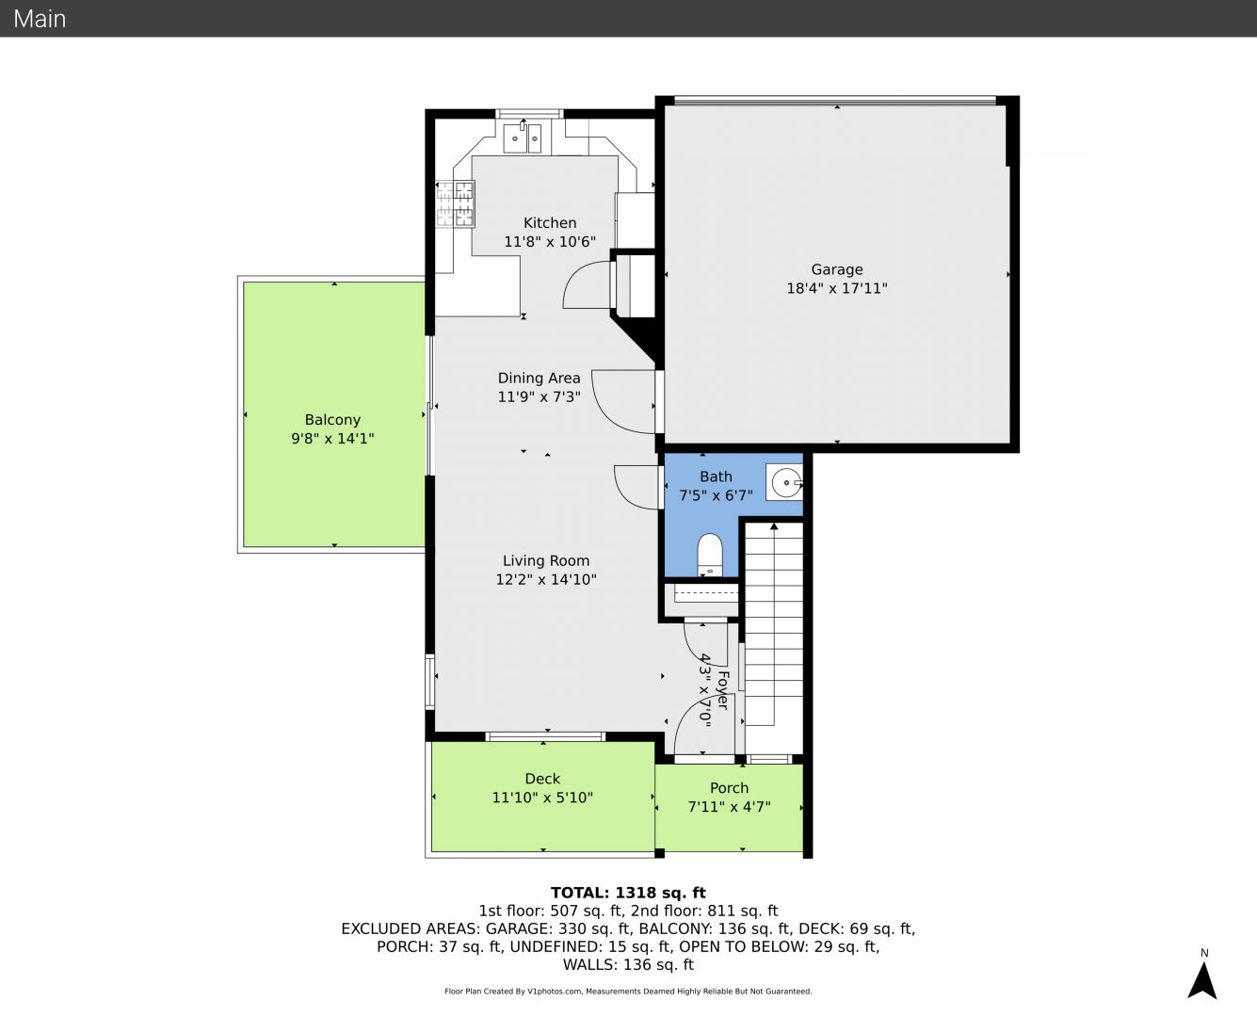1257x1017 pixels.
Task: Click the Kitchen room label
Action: coord(550,223)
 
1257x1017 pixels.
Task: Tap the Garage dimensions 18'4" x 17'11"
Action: coord(837,289)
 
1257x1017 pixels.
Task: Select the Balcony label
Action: coord(332,420)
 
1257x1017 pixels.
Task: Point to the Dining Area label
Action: coord(539,379)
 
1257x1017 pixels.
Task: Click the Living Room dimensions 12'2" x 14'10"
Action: coord(546,580)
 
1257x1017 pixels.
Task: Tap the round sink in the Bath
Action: coord(786,483)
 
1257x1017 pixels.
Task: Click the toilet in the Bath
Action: coord(710,555)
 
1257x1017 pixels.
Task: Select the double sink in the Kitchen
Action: coord(523,138)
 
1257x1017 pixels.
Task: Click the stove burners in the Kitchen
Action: coord(456,203)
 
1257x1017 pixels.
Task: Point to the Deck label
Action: coord(542,779)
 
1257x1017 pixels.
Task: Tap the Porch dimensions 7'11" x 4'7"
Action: coord(730,807)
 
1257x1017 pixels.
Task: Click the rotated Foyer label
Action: coord(723,690)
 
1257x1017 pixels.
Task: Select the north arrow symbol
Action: coord(1202,981)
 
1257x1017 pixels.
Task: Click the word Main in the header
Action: coord(40,19)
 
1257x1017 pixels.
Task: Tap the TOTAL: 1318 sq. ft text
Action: coord(628,893)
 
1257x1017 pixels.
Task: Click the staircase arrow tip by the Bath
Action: coord(774,525)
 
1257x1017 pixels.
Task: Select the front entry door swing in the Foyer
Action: coord(686,721)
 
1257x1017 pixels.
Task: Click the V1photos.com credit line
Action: coord(628,991)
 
